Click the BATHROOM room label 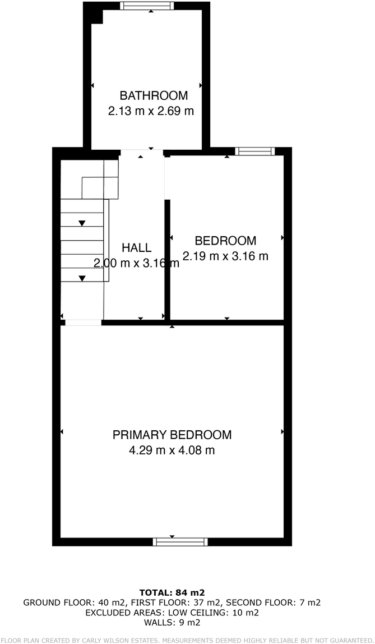tap(154, 96)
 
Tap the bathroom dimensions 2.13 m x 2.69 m tap(151, 111)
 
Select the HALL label tap(137, 247)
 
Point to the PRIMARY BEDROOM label tap(172, 435)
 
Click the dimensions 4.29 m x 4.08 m tap(172, 450)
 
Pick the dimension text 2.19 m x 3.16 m tap(225, 256)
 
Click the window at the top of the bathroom tap(147, 6)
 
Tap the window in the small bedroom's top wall tap(255, 151)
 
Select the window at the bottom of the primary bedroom tap(180, 542)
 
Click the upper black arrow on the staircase tap(82, 223)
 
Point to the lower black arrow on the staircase tap(82, 278)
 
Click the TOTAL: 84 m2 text tap(172, 592)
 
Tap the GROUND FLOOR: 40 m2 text tap(74, 603)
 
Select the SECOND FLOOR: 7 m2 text tap(273, 603)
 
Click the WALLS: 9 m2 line tap(172, 623)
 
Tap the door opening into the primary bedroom tap(84, 323)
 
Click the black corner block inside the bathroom tap(97, 16)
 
